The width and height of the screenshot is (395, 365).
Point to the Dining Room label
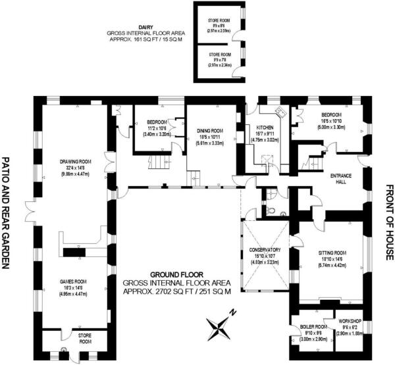click(210, 131)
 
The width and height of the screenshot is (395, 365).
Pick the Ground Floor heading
click(176, 274)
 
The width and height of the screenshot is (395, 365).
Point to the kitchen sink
click(278, 111)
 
